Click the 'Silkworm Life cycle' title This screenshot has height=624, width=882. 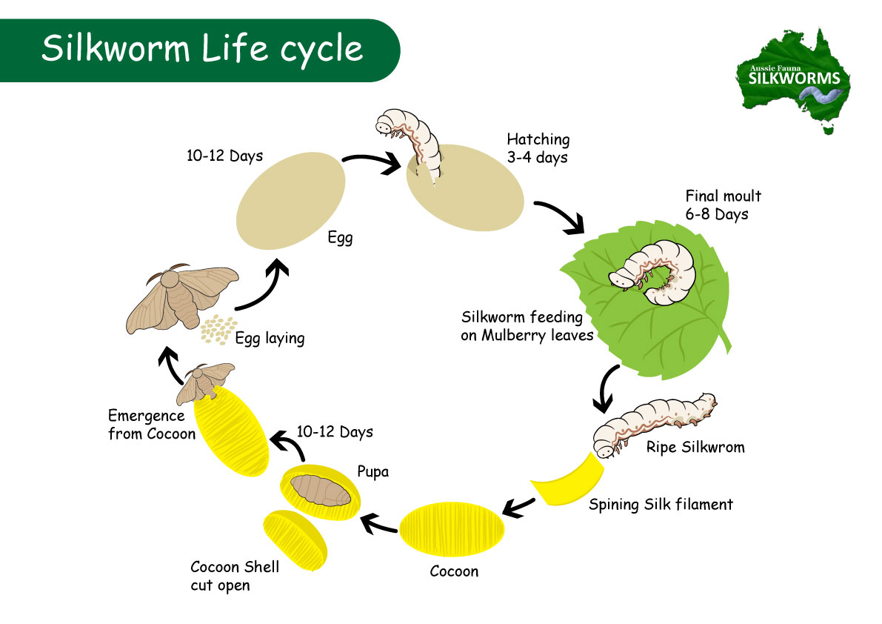pyautogui.click(x=202, y=49)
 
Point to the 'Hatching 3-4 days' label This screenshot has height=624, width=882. pyautogui.click(x=538, y=147)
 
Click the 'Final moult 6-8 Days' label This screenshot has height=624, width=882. pyautogui.click(x=722, y=205)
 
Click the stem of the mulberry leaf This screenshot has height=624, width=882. pyautogui.click(x=721, y=340)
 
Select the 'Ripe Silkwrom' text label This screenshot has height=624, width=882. pyautogui.click(x=695, y=448)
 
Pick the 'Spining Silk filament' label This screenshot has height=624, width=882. pyautogui.click(x=661, y=505)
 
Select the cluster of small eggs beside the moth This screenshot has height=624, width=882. pyautogui.click(x=216, y=330)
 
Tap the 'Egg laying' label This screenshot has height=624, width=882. pyautogui.click(x=270, y=339)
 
